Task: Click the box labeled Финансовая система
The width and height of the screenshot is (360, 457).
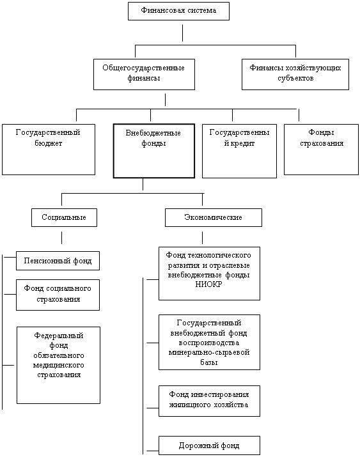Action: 178,11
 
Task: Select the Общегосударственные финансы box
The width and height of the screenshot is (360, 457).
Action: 144,74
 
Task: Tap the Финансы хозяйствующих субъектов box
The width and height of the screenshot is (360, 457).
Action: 295,74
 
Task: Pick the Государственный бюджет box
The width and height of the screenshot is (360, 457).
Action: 49,150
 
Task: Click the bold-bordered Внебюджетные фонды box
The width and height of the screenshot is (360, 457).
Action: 154,151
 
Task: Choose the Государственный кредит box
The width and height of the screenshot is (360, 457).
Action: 239,151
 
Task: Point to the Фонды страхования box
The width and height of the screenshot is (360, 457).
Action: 321,150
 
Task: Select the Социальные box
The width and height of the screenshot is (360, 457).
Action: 64,217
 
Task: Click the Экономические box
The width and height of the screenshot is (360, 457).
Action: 214,217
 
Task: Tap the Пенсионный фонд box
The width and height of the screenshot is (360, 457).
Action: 58,261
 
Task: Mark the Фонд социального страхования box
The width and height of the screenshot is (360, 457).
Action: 58,295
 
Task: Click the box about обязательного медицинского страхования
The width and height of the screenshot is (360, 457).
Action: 58,365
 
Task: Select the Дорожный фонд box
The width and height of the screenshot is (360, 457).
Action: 209,445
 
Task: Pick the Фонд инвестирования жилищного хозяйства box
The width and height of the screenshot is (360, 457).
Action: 209,401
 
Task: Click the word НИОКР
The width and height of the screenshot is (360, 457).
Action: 208,284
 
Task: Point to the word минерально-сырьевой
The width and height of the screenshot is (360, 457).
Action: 209,352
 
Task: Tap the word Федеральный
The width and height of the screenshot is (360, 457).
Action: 59,336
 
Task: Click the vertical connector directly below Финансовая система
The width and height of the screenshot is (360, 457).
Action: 182,33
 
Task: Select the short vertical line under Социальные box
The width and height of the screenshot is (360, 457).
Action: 62,238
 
